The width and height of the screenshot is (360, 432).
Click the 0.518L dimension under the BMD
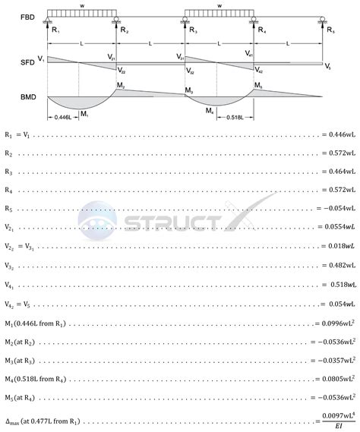click(x=234, y=118)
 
